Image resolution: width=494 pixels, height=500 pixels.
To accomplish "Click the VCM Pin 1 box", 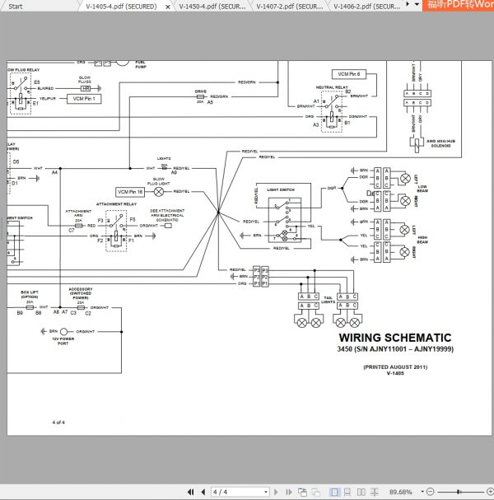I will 84,99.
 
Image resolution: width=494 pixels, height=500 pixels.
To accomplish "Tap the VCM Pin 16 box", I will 130,191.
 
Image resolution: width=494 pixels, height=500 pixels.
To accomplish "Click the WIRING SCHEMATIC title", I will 395,338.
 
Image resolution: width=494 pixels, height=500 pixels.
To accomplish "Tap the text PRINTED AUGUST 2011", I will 395,367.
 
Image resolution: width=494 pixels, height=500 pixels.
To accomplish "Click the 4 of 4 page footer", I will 58,423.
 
